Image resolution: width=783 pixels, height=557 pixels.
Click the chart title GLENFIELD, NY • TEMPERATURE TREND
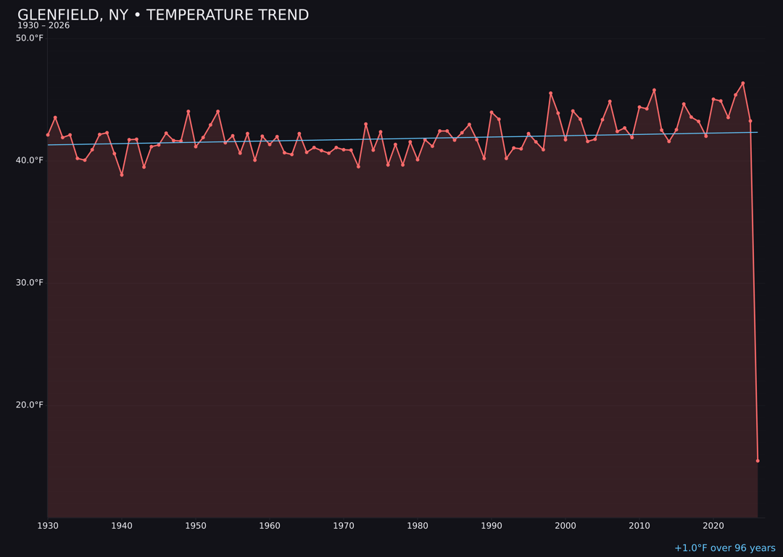pyautogui.click(x=163, y=15)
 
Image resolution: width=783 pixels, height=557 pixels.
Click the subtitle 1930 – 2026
pyautogui.click(x=43, y=26)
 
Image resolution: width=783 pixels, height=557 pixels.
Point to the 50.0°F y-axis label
pyautogui.click(x=30, y=38)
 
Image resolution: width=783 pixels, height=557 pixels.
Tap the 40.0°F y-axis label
pyautogui.click(x=30, y=160)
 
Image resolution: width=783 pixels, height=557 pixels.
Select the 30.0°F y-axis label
pyautogui.click(x=30, y=283)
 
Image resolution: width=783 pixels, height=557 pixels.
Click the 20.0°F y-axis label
pyautogui.click(x=30, y=405)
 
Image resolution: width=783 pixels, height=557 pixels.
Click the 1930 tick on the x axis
pyautogui.click(x=48, y=526)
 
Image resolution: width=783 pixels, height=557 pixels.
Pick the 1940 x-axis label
pyautogui.click(x=122, y=526)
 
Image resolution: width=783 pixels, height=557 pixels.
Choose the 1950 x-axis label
pyautogui.click(x=196, y=526)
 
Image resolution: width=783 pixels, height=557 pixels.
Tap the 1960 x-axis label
pyautogui.click(x=270, y=526)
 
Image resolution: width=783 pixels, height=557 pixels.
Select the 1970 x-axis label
pyautogui.click(x=344, y=526)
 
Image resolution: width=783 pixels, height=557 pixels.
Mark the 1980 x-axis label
pyautogui.click(x=418, y=526)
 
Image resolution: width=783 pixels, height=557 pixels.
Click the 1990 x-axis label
pyautogui.click(x=492, y=526)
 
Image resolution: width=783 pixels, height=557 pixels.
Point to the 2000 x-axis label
pyautogui.click(x=565, y=526)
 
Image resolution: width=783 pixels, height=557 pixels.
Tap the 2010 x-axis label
pyautogui.click(x=639, y=526)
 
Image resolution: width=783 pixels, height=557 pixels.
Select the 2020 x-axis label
pyautogui.click(x=713, y=526)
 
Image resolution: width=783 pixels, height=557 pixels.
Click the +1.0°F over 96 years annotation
pyautogui.click(x=724, y=548)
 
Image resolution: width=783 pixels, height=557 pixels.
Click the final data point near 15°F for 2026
pyautogui.click(x=758, y=461)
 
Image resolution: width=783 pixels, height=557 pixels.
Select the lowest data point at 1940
pyautogui.click(x=122, y=175)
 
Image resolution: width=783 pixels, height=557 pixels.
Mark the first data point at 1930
pyautogui.click(x=48, y=135)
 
